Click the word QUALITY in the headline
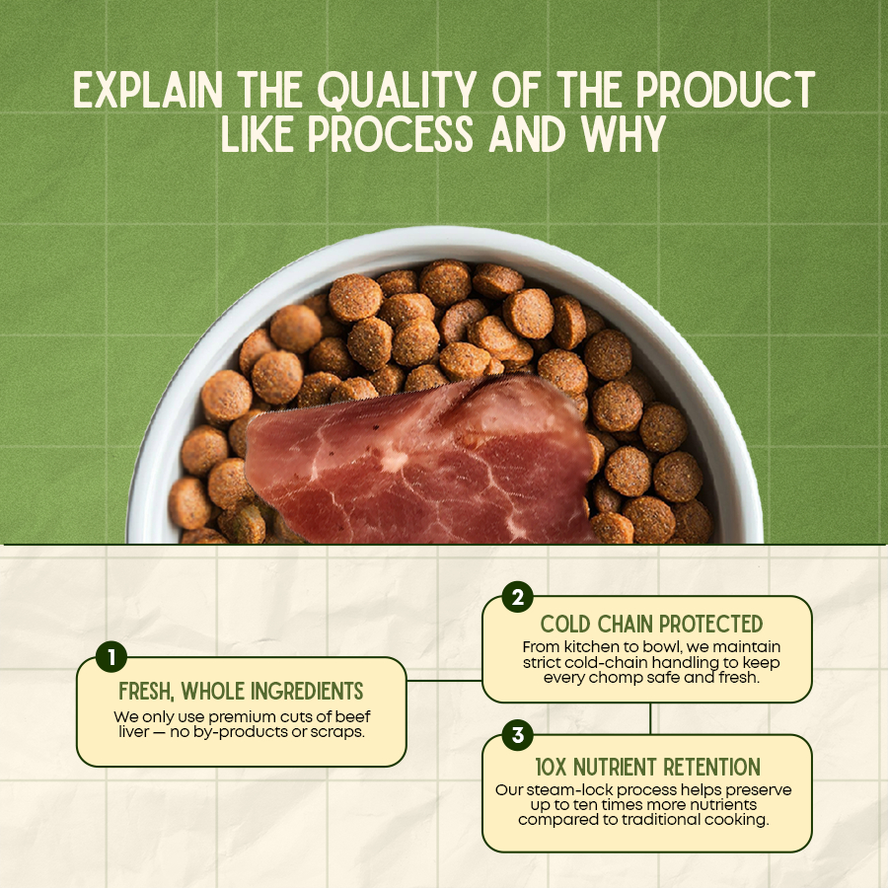click(396, 90)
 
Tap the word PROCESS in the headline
click(391, 134)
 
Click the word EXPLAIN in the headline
click(148, 90)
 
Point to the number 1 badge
click(111, 657)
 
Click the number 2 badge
click(517, 597)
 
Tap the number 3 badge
click(517, 735)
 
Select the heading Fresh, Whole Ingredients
click(242, 691)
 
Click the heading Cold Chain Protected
click(651, 625)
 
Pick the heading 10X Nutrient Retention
click(648, 768)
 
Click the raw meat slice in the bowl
click(419, 460)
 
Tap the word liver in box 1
click(133, 732)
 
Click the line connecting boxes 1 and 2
click(444, 680)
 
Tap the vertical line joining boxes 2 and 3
click(650, 718)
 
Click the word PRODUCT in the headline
click(725, 90)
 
